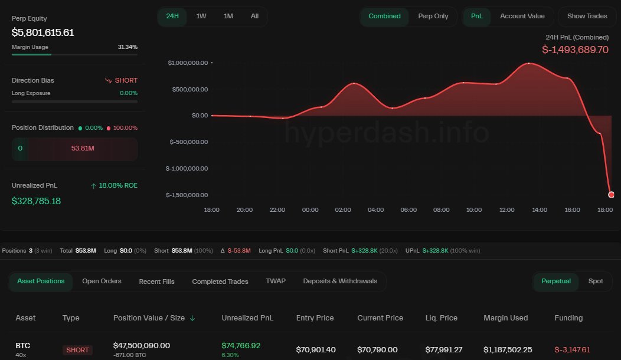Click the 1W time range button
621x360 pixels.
point(201,16)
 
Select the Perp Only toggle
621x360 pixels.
point(433,16)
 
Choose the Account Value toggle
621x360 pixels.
point(522,16)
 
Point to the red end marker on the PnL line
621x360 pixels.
point(611,195)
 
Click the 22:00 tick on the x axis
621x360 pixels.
point(277,210)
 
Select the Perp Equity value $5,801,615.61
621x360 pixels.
point(43,32)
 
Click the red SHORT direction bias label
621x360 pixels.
point(122,80)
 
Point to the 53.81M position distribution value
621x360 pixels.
point(83,148)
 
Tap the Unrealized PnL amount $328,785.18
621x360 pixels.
point(37,201)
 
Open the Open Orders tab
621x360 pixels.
point(102,281)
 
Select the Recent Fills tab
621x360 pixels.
point(156,282)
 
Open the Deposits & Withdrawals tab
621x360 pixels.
point(340,281)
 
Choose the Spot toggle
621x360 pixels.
point(596,281)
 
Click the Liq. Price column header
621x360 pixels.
point(441,318)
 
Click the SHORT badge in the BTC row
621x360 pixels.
point(78,350)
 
